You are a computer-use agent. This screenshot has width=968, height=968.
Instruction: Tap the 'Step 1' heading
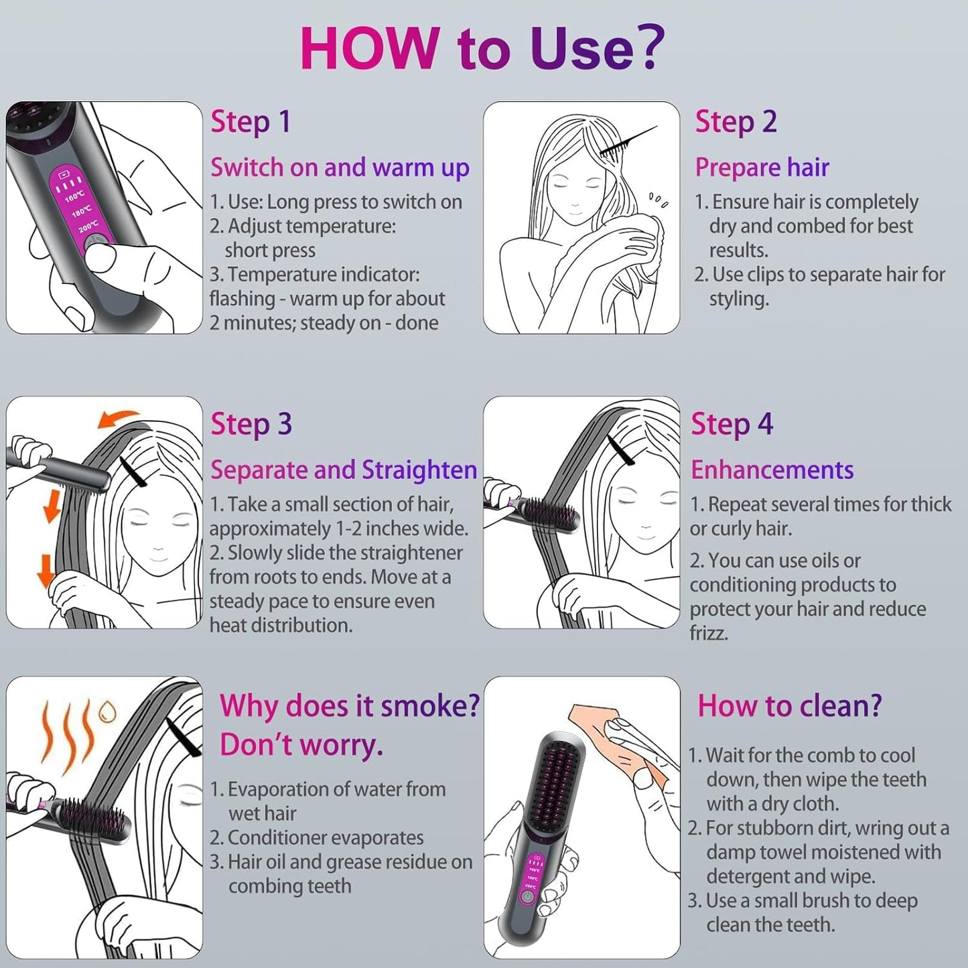tap(251, 122)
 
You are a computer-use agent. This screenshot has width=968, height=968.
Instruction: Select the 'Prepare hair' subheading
tap(762, 167)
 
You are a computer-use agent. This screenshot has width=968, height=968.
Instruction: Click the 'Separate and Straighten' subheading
tap(343, 470)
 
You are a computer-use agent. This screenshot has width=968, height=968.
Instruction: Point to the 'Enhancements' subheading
tap(772, 470)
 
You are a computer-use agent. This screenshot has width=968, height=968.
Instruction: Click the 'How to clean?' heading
tap(789, 706)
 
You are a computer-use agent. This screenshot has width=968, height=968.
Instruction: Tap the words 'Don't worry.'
tap(301, 745)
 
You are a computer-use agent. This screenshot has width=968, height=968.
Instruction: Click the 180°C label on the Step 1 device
tap(81, 212)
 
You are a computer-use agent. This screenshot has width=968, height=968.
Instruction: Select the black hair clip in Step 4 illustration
tap(621, 450)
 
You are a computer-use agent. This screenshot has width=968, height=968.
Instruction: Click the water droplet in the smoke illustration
tap(107, 712)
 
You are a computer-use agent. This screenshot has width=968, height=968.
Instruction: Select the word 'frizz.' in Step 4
tap(709, 633)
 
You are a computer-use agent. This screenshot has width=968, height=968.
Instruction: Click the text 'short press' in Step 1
tap(270, 251)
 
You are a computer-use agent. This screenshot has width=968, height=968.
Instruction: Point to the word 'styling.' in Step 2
tap(739, 299)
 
